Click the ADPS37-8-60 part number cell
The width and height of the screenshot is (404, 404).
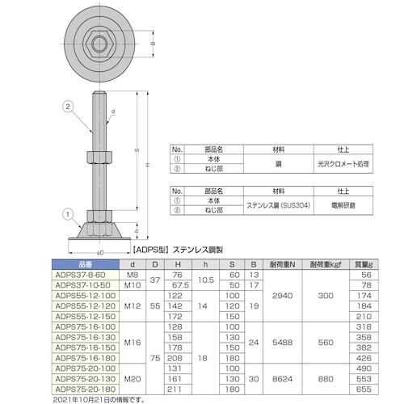(x=81, y=275)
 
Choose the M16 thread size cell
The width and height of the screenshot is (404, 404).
(x=132, y=341)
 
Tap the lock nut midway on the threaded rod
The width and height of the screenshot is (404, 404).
(x=102, y=154)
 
